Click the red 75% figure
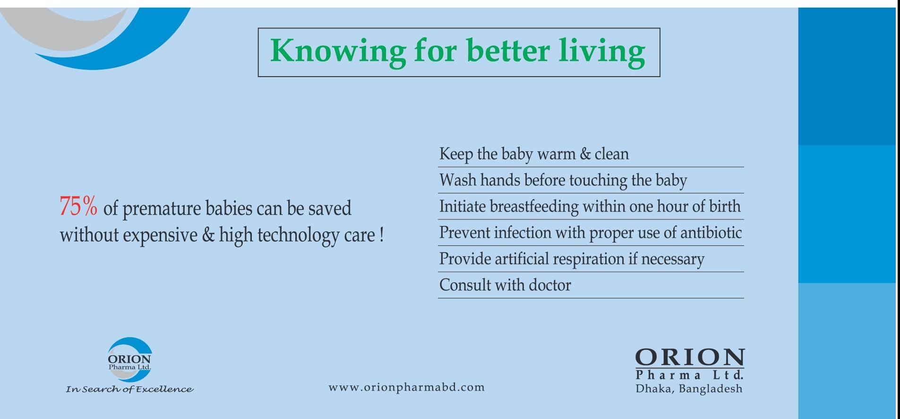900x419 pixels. [x=78, y=207]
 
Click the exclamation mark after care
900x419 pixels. [x=381, y=235]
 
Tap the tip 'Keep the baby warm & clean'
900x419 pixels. [x=534, y=154]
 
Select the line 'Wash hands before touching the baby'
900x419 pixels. [x=563, y=180]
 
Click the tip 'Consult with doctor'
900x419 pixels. [x=505, y=285]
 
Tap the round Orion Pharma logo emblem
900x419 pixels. [x=129, y=359]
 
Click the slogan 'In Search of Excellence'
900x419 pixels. [x=129, y=389]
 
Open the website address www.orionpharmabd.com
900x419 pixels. [x=407, y=388]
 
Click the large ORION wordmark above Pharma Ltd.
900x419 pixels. [x=690, y=358]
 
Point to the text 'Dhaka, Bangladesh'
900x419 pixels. [x=689, y=389]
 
